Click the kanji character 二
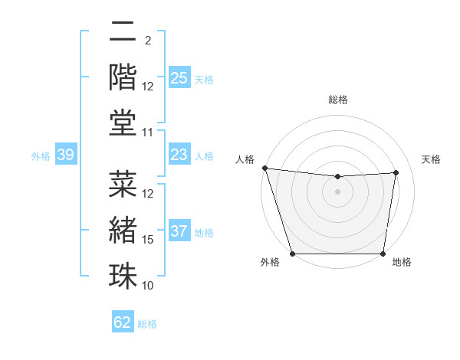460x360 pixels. pyautogui.click(x=122, y=32)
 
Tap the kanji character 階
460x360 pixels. pyautogui.click(x=122, y=77)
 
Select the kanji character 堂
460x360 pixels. pyautogui.click(x=122, y=123)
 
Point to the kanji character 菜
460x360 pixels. pyautogui.click(x=122, y=185)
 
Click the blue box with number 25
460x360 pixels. pyautogui.click(x=179, y=77)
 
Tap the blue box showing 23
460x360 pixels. pyautogui.click(x=179, y=155)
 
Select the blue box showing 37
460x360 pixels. pyautogui.click(x=179, y=231)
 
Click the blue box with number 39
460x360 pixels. pyautogui.click(x=65, y=155)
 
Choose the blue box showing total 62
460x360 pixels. pyautogui.click(x=123, y=322)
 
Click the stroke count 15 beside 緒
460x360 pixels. pyautogui.click(x=149, y=240)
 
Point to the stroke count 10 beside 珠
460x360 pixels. pyautogui.click(x=149, y=286)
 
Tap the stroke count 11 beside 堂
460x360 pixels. pyautogui.click(x=149, y=133)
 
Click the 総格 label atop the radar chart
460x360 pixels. pyautogui.click(x=337, y=100)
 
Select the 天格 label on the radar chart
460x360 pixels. pyautogui.click(x=431, y=159)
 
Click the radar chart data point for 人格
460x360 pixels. pyautogui.click(x=264, y=168)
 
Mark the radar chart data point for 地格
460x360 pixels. pyautogui.click(x=383, y=254)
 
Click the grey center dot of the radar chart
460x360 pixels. pyautogui.click(x=337, y=191)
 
